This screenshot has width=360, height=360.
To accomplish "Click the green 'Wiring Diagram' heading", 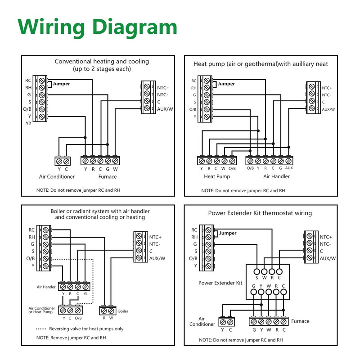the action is pyautogui.click(x=97, y=27).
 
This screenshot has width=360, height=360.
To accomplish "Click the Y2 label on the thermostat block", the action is pyautogui.click(x=28, y=123).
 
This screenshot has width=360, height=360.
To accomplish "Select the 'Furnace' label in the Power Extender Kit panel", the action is pyautogui.click(x=300, y=321).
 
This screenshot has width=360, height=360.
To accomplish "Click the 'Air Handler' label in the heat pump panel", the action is pyautogui.click(x=276, y=176).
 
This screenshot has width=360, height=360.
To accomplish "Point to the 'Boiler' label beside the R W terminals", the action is pyautogui.click(x=123, y=311).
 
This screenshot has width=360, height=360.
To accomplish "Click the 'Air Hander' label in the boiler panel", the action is pyautogui.click(x=46, y=287).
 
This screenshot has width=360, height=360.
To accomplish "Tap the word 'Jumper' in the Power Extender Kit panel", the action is pyautogui.click(x=228, y=233).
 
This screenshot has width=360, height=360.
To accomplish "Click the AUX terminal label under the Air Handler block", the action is pyautogui.click(x=289, y=168).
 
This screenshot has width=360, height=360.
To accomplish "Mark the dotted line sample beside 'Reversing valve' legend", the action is pyautogui.click(x=41, y=329).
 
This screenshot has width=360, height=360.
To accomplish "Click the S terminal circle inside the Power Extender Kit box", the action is pyautogui.click(x=256, y=272).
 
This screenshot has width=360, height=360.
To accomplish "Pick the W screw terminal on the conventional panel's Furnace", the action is pyautogui.click(x=115, y=161).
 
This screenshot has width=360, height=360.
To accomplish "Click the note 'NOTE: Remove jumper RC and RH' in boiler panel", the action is pyautogui.click(x=71, y=338).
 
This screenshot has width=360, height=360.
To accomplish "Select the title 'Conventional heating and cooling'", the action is pyautogui.click(x=102, y=61).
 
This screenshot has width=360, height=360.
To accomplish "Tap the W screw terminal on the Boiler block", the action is pyautogui.click(x=111, y=311).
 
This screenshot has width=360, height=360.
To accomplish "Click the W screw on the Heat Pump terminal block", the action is pyautogui.click(x=224, y=161).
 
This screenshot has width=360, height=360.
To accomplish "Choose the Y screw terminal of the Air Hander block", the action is pyautogui.click(x=63, y=287).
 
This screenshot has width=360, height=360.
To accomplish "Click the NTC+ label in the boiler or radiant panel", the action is pyautogui.click(x=155, y=237).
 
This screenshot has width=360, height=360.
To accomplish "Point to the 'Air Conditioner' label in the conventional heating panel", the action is pyautogui.click(x=57, y=176).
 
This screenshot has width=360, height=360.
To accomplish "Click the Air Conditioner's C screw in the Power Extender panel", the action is pyautogui.click(x=230, y=322).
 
